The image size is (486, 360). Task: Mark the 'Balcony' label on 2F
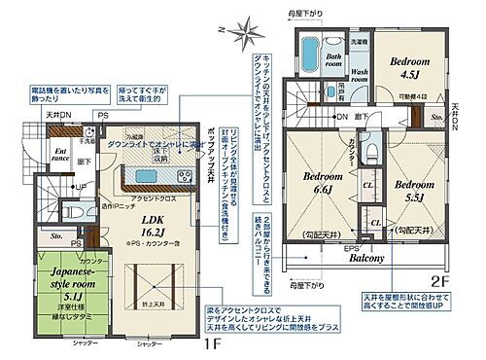[367, 259]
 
